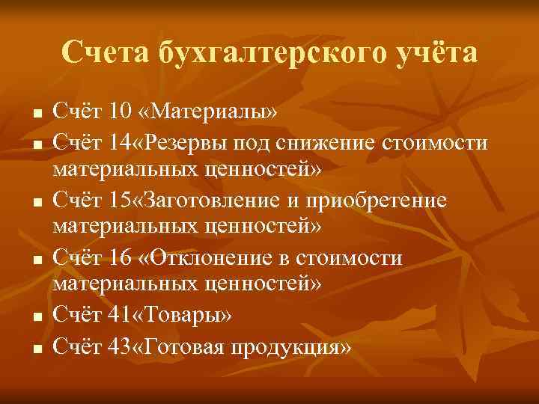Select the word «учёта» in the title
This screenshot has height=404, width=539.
pos(435,53)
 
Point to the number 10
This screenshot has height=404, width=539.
pos(119,112)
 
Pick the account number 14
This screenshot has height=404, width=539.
pos(118,141)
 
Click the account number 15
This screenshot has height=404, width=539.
pos(118,200)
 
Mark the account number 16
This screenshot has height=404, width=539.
pos(119,259)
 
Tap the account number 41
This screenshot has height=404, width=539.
pos(118,317)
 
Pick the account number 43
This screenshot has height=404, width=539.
pos(118,346)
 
